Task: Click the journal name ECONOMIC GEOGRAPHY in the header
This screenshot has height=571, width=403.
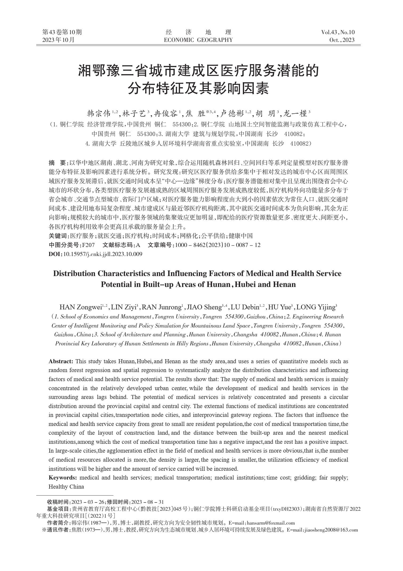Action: pyautogui.click(x=198, y=40)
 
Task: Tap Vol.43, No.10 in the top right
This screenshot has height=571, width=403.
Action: pyautogui.click(x=338, y=33)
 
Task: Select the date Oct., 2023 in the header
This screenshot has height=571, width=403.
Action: pyautogui.click(x=342, y=40)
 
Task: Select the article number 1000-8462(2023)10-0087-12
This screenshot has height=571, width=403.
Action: pyautogui.click(x=217, y=245)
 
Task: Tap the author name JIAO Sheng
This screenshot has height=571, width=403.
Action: pyautogui.click(x=204, y=307)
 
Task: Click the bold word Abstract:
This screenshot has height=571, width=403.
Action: pyautogui.click(x=61, y=361)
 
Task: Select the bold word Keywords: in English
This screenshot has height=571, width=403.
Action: pyautogui.click(x=63, y=477)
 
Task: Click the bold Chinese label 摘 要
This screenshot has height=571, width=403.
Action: pyautogui.click(x=57, y=163)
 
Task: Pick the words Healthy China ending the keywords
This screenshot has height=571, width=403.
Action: pyautogui.click(x=66, y=486)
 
